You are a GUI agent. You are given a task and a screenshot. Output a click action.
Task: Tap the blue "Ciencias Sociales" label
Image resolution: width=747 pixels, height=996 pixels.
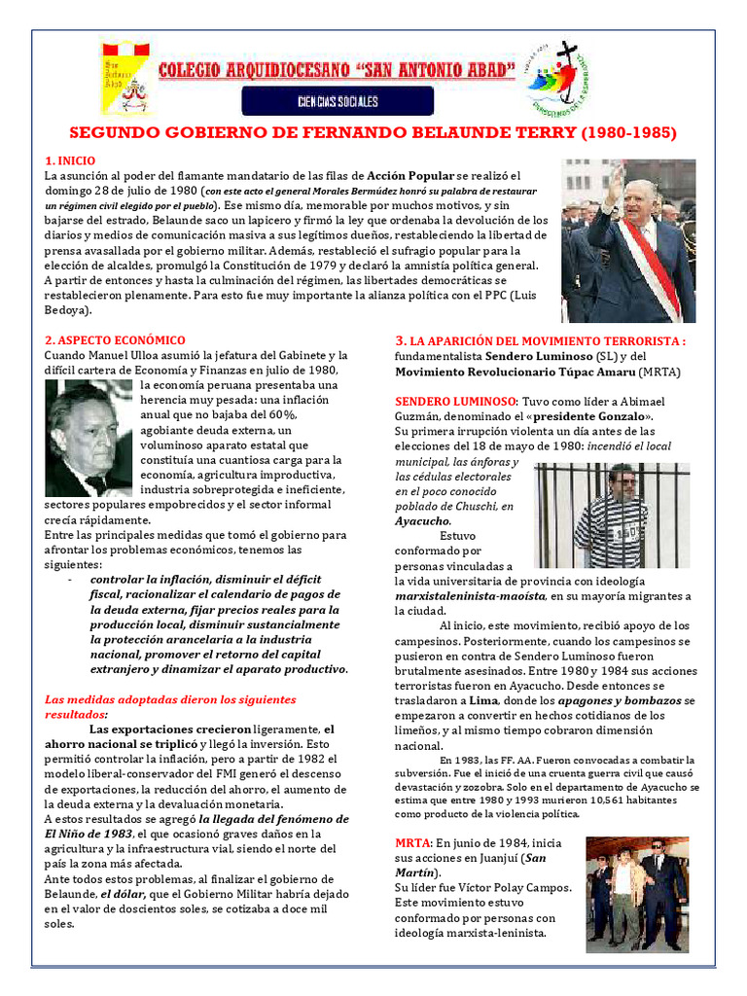[337, 101]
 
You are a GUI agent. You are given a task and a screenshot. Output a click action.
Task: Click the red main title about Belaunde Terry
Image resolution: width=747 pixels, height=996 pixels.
[372, 132]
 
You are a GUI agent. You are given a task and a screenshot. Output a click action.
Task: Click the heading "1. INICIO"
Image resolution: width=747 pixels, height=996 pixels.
[70, 160]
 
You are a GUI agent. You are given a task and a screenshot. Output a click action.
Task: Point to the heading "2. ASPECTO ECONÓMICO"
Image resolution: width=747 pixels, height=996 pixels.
[115, 340]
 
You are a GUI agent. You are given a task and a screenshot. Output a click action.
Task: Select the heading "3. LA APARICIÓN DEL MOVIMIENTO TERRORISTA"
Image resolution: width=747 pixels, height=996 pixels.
[540, 341]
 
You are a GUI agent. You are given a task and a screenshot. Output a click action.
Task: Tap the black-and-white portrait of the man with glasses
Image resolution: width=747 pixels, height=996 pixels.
[89, 438]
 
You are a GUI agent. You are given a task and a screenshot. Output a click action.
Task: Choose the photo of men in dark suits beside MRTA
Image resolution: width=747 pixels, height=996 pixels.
[636, 893]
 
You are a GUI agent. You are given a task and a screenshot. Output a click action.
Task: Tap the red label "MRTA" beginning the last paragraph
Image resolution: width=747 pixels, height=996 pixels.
[412, 841]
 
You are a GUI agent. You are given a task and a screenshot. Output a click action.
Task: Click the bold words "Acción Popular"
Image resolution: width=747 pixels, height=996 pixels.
[410, 176]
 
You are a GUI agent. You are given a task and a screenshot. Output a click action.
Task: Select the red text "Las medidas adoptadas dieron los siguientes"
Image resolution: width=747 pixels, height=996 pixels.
[170, 699]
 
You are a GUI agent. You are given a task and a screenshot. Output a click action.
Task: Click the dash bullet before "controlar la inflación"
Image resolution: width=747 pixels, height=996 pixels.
[70, 580]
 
